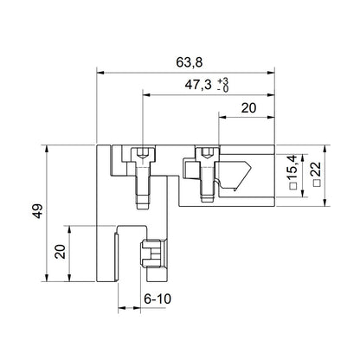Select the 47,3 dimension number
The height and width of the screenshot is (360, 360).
point(201,86)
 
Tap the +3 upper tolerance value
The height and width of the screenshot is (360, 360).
point(225,80)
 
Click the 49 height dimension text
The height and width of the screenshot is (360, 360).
point(35,214)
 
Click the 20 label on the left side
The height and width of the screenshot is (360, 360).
point(60,252)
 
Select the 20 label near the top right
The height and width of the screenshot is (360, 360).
point(247,108)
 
